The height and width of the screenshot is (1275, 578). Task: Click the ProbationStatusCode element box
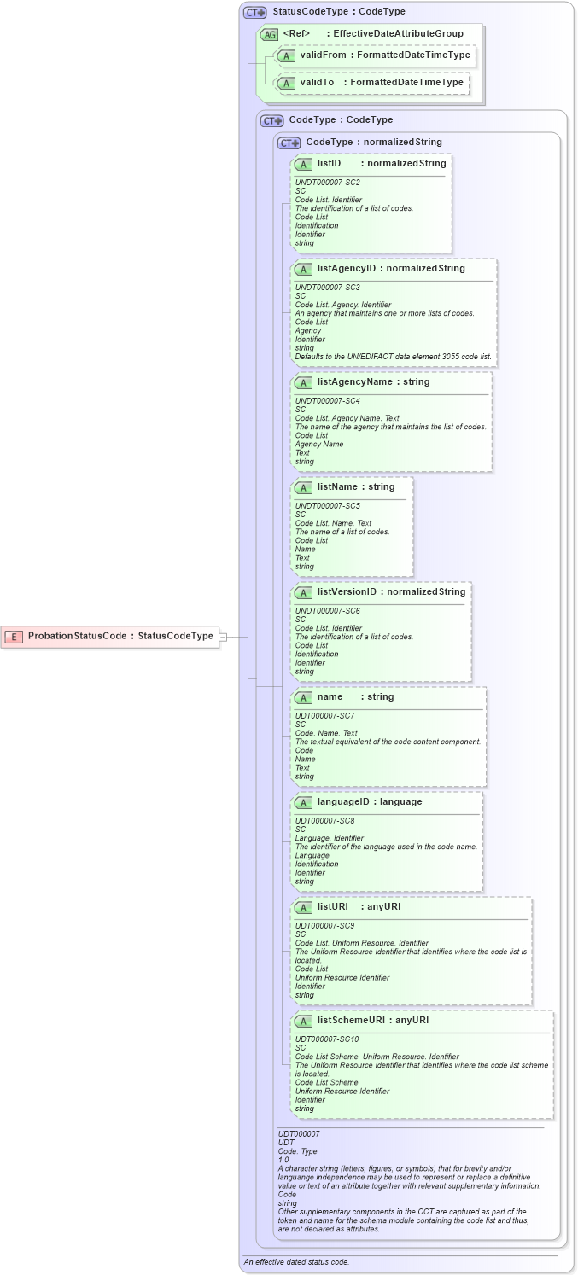pos(110,636)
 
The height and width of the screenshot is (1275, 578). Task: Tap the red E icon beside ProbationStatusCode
pos(15,636)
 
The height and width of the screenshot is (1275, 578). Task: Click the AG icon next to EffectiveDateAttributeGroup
pos(270,34)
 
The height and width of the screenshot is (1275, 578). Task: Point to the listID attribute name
pos(330,163)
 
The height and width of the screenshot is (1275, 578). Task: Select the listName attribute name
pos(335,486)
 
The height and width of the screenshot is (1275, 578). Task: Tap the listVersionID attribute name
pos(347,591)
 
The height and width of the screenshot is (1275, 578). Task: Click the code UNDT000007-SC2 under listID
pos(327,183)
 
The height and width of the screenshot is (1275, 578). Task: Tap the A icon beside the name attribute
pos(303,697)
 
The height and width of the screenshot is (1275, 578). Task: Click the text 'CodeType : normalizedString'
pos(374,142)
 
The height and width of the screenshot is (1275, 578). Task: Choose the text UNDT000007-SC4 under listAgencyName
pos(327,400)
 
